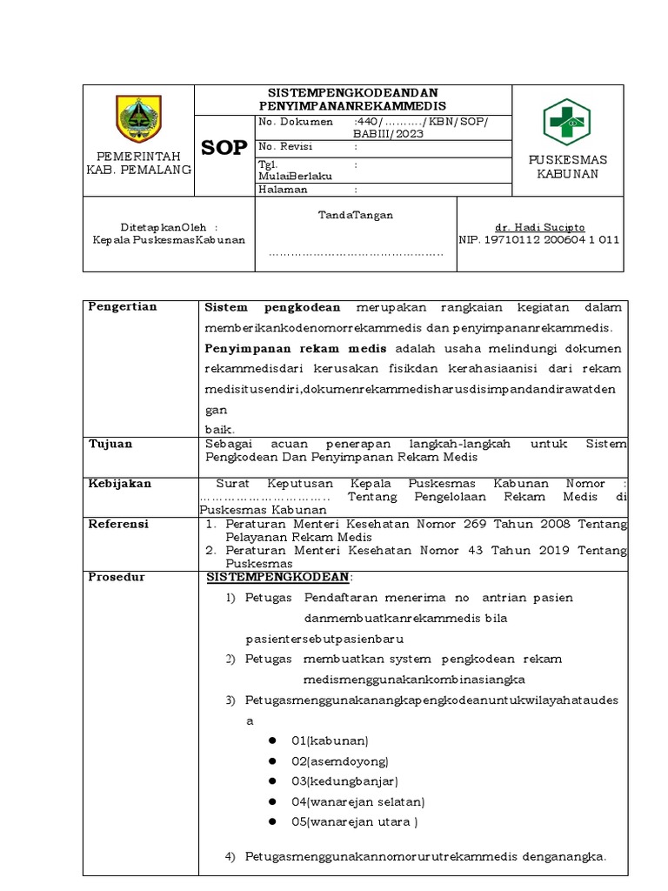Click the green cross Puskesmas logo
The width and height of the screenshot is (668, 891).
tap(567, 122)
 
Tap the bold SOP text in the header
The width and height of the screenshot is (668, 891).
tap(224, 147)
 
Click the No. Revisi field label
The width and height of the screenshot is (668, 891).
tap(286, 146)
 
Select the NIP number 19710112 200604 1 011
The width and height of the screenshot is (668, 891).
tap(539, 240)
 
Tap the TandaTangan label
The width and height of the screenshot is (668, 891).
tap(355, 214)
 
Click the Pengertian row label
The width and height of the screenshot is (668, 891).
tap(124, 306)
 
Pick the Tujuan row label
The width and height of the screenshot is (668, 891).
tap(110, 444)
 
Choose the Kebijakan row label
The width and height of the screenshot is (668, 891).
tap(120, 483)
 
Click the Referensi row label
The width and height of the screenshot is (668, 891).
tap(119, 524)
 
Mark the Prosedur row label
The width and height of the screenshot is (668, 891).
tap(117, 577)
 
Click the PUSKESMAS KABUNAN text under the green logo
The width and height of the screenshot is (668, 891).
tap(567, 167)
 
